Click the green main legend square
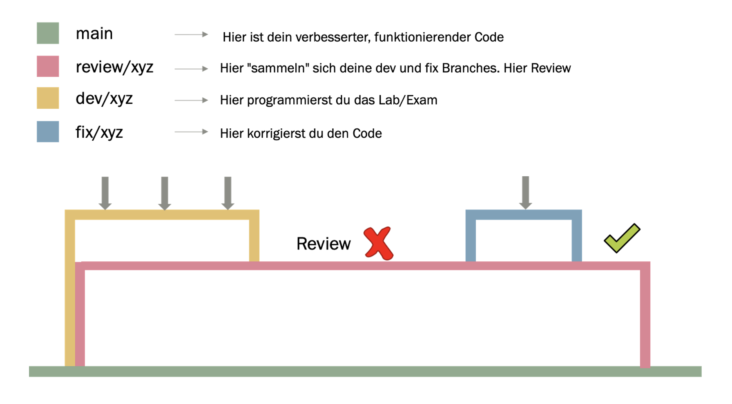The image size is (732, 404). (48, 33)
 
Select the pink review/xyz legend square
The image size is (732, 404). (48, 66)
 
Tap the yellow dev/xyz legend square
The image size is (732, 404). (48, 98)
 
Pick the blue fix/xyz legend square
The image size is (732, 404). (48, 132)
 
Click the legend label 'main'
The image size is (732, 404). (94, 34)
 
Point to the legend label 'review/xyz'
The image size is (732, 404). (114, 67)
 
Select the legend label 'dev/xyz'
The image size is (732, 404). (104, 99)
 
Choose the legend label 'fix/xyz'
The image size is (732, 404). (99, 132)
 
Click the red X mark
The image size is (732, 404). (378, 243)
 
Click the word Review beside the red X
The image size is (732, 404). (324, 244)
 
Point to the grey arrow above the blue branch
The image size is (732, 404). (525, 193)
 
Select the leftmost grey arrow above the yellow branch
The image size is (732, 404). (105, 193)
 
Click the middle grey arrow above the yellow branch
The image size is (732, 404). (165, 193)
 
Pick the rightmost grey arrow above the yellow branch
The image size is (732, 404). (228, 193)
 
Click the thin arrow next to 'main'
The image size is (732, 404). (191, 35)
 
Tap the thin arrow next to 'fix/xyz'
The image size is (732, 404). (191, 132)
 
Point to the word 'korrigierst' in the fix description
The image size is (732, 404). (277, 134)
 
